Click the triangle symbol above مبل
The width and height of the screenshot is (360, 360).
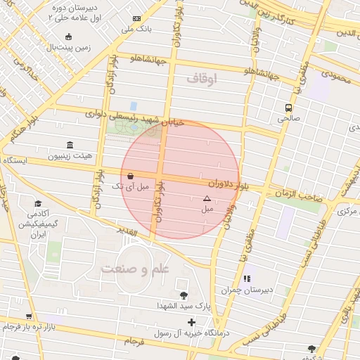click(207, 199)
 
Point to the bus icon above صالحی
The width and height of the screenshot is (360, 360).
click(288, 108)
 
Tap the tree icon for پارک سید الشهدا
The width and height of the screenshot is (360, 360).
click(184, 295)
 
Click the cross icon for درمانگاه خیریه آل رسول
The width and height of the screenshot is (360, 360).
click(191, 322)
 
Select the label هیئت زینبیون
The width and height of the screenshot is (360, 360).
click(68, 156)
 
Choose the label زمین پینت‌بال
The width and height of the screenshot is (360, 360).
click(68, 48)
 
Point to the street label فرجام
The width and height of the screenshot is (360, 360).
click(134, 341)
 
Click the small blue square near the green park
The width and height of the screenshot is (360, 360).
click(133, 105)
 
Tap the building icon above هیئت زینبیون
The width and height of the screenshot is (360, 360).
click(68, 144)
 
